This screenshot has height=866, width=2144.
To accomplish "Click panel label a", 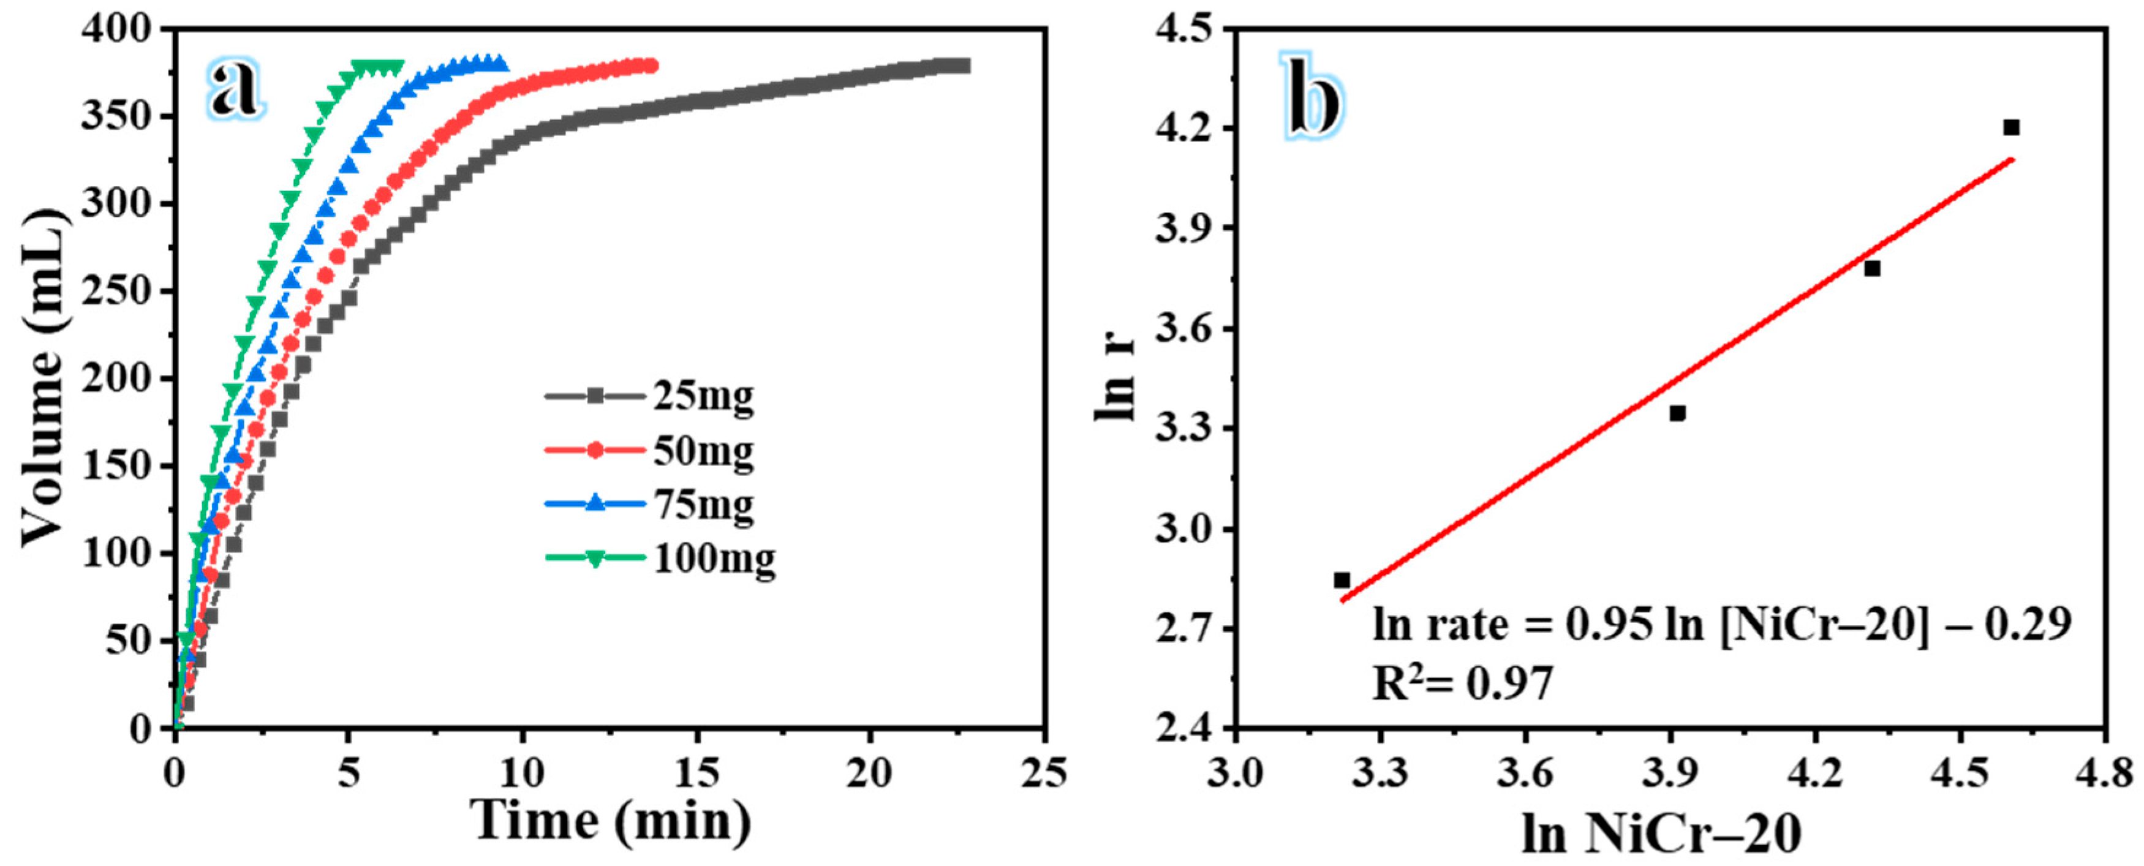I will [234, 88].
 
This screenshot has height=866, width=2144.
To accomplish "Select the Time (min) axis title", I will [610, 821].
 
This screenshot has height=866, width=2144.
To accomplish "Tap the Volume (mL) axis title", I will [43, 378].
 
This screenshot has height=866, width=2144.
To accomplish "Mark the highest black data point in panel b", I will [2012, 127].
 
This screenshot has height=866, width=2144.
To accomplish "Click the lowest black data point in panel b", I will [1342, 580].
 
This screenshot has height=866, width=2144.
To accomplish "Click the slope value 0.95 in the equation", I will [1609, 624].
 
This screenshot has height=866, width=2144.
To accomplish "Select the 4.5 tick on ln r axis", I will [1195, 29].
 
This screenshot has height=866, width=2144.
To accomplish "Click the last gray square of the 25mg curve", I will [964, 66].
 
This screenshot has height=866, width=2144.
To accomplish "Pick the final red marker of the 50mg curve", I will [651, 66].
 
